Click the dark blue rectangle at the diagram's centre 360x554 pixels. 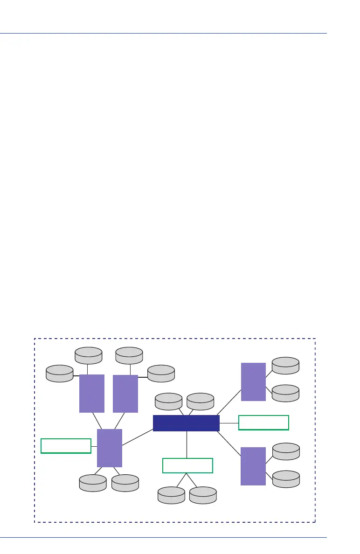(186, 423)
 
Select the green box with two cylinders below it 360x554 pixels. (187, 465)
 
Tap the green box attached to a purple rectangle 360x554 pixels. (66, 446)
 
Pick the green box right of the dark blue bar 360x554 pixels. (263, 422)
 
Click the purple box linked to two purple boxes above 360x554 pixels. (110, 448)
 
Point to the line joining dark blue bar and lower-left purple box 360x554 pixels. (138, 437)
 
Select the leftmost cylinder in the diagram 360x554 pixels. (60, 373)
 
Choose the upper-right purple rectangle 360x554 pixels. (253, 381)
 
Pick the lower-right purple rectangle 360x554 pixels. (253, 466)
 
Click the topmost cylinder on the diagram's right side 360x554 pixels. (285, 365)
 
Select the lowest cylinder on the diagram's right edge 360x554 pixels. (285, 479)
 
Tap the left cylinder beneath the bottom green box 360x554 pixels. (171, 495)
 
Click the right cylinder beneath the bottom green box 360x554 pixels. (203, 495)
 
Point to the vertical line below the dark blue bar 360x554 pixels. (187, 444)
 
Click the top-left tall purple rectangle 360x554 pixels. (91, 393)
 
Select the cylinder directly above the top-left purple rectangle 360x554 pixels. (89, 355)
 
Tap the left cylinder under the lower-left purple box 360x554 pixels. (92, 483)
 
